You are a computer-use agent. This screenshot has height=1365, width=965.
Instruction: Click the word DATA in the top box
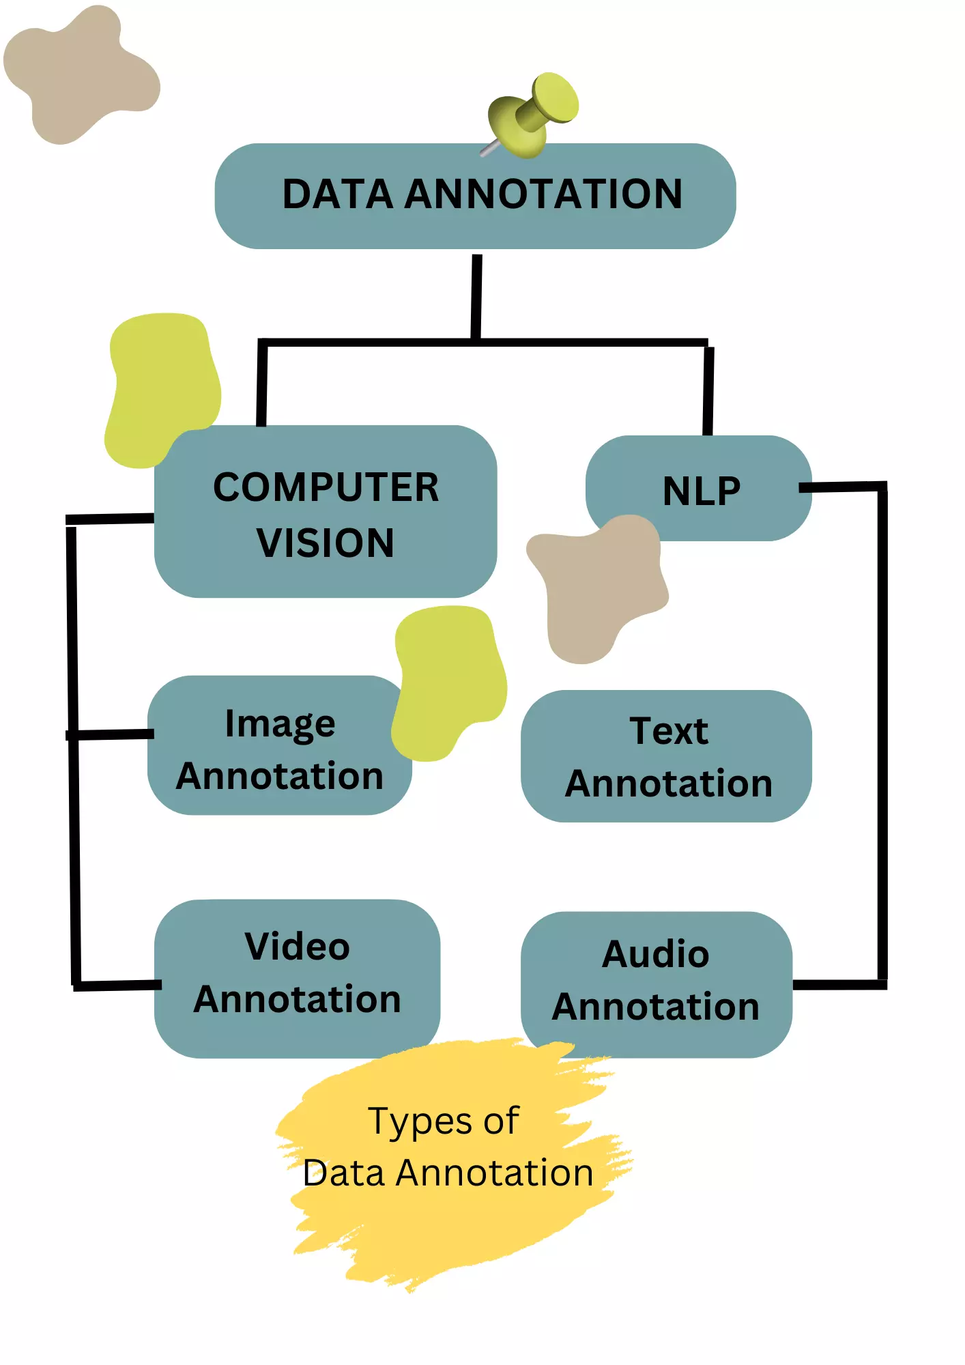[337, 195]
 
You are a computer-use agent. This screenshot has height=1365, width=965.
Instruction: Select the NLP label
[701, 491]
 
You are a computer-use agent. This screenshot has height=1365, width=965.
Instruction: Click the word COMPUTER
[326, 488]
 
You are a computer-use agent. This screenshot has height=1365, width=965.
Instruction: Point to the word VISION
[326, 543]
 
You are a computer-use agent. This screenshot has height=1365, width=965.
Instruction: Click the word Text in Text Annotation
[669, 731]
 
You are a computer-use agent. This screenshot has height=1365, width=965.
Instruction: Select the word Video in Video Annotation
[298, 947]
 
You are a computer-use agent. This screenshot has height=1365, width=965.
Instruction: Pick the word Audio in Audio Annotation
[656, 954]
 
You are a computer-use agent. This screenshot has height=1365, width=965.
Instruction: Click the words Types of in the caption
[444, 1121]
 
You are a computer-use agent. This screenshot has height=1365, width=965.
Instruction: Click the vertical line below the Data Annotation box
[476, 297]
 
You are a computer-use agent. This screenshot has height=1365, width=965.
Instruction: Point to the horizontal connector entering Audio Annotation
[838, 985]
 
